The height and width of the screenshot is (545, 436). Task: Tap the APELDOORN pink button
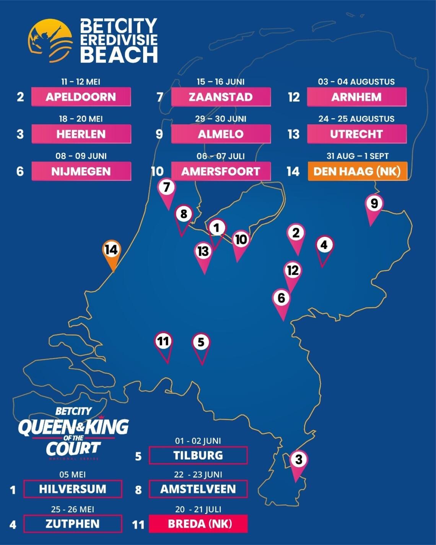point(81,97)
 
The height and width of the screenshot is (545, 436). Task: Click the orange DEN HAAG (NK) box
point(357,171)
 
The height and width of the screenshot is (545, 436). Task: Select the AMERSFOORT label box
point(221,171)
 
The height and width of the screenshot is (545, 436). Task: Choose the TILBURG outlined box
point(198,456)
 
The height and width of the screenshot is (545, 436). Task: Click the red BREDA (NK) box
point(198,524)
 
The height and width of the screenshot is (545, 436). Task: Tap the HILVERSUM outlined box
point(73,489)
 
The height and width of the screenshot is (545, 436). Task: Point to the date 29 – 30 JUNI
point(221,119)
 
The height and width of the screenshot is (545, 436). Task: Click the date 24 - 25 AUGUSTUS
point(356,119)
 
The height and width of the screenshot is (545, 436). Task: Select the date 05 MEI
point(72,475)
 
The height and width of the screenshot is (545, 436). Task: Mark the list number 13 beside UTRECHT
point(293,134)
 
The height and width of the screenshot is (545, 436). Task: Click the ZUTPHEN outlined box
point(73,524)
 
